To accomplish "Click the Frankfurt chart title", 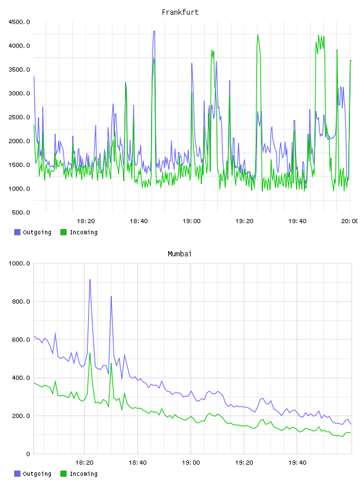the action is click(180, 12).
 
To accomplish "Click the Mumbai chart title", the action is click(179, 253).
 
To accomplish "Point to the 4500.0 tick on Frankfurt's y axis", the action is click(19, 22).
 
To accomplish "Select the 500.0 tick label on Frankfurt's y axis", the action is click(21, 212).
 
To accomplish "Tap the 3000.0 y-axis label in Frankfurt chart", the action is click(19, 94).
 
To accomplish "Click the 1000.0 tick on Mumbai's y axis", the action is click(19, 263).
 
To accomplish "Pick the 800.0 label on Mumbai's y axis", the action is click(21, 301).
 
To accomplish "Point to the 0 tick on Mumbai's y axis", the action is click(28, 454).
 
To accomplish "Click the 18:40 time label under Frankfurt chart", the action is click(139, 221).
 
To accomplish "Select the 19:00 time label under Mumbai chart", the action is click(191, 463).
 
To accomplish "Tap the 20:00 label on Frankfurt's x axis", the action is click(349, 221).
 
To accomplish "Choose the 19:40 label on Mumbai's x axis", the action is click(297, 463).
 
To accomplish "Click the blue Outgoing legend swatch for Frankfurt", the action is click(17, 232).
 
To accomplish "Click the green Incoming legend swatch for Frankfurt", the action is click(63, 232).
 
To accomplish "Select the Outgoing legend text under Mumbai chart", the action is click(37, 474).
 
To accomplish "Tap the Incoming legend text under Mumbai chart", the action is click(83, 474).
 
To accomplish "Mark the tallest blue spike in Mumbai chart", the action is click(89, 280).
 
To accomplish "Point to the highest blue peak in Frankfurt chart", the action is click(154, 31).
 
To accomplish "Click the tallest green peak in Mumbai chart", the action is click(89, 353).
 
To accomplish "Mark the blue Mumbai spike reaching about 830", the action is click(111, 297).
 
